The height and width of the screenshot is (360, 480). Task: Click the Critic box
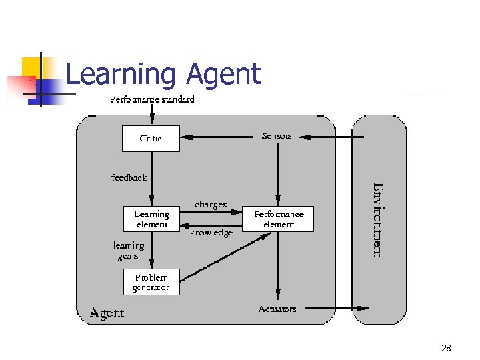click(151, 139)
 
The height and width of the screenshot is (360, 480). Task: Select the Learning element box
click(151, 219)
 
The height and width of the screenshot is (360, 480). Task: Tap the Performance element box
click(279, 219)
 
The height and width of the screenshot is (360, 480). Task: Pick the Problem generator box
click(151, 282)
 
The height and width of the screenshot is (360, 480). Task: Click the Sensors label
click(277, 136)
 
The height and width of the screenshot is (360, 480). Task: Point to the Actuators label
click(277, 309)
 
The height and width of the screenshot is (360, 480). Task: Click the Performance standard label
click(152, 99)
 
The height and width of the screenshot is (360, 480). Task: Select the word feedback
click(129, 177)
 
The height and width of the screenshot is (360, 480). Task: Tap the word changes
click(211, 205)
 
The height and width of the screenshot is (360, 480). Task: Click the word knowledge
click(211, 233)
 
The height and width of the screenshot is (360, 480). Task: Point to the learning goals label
click(129, 251)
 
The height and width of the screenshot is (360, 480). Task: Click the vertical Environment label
click(377, 219)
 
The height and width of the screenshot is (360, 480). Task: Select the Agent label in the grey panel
click(107, 312)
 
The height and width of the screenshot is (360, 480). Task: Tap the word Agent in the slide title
click(224, 74)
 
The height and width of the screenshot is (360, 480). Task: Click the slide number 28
click(446, 348)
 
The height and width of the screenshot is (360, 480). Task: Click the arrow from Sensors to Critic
click(220, 138)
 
